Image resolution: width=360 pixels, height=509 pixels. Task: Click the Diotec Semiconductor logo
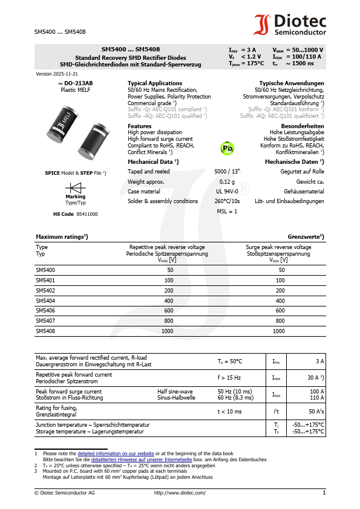click(289, 25)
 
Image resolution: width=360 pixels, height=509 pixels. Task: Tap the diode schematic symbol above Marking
click(75, 187)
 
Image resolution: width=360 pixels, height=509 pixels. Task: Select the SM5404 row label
click(45, 300)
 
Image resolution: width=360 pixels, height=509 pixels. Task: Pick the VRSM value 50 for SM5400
click(281, 270)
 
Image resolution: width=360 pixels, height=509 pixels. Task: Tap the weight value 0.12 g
click(227, 181)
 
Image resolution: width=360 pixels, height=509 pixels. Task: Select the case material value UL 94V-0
click(227, 192)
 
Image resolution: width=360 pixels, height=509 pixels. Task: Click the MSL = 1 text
click(227, 212)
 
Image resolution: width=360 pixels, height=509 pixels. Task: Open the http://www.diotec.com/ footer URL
click(180, 493)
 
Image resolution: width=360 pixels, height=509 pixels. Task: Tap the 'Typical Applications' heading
click(155, 83)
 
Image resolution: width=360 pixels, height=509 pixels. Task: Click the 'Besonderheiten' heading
click(303, 126)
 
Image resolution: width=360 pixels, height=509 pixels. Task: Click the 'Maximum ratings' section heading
click(62, 236)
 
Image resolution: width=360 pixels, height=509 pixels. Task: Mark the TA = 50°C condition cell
click(230, 361)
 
